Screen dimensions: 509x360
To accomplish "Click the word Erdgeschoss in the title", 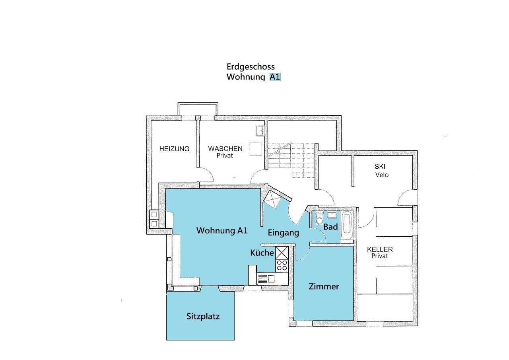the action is click(x=251, y=67).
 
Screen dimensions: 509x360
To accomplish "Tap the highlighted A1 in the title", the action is click(x=275, y=77).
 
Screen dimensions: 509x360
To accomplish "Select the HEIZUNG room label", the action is click(x=174, y=149).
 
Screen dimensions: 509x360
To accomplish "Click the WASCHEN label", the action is click(x=225, y=149).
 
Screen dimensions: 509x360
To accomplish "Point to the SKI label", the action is click(x=380, y=166).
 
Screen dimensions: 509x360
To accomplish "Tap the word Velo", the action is click(x=382, y=175).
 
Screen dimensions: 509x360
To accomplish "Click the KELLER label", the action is click(x=380, y=249).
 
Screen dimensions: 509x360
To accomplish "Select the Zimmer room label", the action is click(x=324, y=286).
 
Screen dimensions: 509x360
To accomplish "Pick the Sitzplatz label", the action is click(x=203, y=316).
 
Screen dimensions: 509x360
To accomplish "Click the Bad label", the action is click(x=330, y=227).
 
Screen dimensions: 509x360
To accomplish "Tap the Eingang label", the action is click(x=284, y=233).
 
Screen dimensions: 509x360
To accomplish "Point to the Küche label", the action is click(x=262, y=253).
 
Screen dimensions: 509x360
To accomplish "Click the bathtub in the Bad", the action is click(x=347, y=225).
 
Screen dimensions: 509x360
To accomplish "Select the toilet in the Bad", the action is click(x=319, y=219).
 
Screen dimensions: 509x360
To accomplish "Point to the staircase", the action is click(x=291, y=160).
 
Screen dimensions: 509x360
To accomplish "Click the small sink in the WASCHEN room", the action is click(x=259, y=131).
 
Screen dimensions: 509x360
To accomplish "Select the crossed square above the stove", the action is click(x=282, y=253).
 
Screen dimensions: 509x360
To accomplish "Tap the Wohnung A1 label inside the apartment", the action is click(x=222, y=230).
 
